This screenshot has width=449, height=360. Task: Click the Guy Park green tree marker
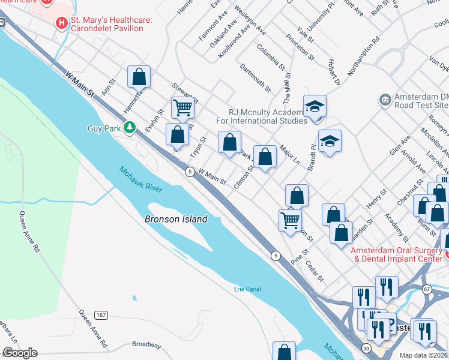pyautogui.click(x=129, y=127)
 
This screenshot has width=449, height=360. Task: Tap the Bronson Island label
pyautogui.click(x=176, y=219)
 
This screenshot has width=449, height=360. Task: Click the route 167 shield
pyautogui.click(x=101, y=315)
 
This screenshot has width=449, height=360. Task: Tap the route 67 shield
pyautogui.click(x=427, y=289)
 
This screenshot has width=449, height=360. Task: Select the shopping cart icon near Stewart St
pyautogui.click(x=182, y=108)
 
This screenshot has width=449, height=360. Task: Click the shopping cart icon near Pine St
pyautogui.click(x=291, y=220)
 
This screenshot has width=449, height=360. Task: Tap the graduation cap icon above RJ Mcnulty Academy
pyautogui.click(x=315, y=106)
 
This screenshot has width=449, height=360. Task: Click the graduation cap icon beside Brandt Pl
pyautogui.click(x=330, y=141)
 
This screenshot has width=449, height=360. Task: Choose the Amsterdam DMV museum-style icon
pyautogui.click(x=384, y=98)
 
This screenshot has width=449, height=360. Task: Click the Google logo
pyautogui.click(x=20, y=353)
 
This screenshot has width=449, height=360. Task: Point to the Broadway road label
pyautogui.click(x=146, y=345)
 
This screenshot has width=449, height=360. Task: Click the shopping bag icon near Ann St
pyautogui.click(x=139, y=77)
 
